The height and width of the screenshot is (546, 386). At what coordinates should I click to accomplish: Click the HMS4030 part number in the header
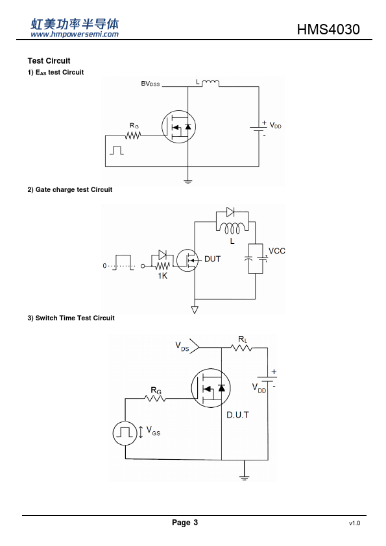point(328,29)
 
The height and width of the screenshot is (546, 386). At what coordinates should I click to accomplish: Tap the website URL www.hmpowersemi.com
point(75,34)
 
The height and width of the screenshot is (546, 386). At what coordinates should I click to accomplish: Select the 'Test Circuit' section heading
point(49,60)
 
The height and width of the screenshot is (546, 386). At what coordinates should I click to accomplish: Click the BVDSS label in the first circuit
point(150,84)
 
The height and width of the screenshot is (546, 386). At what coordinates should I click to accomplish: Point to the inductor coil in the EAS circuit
point(210,83)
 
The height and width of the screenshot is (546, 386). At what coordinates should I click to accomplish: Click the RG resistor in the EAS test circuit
point(133,136)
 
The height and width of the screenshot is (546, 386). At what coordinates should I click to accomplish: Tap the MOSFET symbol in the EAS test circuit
point(178,126)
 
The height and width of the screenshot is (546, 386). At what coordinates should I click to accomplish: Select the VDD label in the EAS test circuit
point(275,126)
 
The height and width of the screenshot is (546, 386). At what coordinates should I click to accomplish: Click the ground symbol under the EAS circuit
point(187,182)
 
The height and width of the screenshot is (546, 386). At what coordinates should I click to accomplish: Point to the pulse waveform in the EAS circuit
point(117,150)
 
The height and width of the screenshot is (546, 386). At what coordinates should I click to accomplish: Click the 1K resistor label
point(162,276)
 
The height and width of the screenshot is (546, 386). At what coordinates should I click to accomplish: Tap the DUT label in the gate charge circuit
point(212,259)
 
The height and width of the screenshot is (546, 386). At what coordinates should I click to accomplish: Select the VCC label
point(277,251)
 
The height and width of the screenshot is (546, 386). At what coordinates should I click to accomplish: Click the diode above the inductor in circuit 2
point(230,211)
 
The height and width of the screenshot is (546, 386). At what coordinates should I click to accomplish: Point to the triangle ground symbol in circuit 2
point(195,309)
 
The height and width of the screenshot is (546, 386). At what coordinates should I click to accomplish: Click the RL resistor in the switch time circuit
point(241,348)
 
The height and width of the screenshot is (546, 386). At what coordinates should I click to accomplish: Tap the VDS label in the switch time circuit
point(182,346)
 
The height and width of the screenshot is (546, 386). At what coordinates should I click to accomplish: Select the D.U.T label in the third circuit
point(237,415)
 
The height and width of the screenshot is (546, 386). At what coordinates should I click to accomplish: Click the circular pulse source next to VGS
point(125,433)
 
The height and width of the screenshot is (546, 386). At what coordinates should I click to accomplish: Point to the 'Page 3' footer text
point(185,522)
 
